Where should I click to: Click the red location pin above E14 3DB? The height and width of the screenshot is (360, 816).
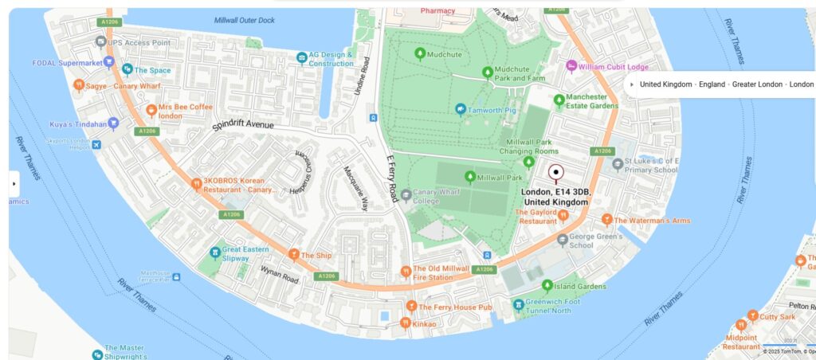(556, 171)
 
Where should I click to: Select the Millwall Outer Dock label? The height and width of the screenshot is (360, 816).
(245, 20)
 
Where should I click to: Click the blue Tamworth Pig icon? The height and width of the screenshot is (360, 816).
(461, 109)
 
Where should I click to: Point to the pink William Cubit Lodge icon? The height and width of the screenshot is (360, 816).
(571, 66)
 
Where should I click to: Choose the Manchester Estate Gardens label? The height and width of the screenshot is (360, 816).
(592, 101)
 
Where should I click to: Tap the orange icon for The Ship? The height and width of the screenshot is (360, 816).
(294, 255)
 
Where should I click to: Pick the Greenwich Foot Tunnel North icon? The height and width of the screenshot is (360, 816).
(519, 303)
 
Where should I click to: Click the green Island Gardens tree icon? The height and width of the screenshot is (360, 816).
(547, 285)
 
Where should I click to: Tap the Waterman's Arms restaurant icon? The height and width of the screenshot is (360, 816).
(606, 220)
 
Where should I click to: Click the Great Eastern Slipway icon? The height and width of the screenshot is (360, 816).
(214, 252)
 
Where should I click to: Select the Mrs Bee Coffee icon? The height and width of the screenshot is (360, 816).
(151, 110)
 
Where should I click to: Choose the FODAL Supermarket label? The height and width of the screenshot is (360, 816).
(67, 63)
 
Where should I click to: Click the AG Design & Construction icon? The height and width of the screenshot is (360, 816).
(301, 57)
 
